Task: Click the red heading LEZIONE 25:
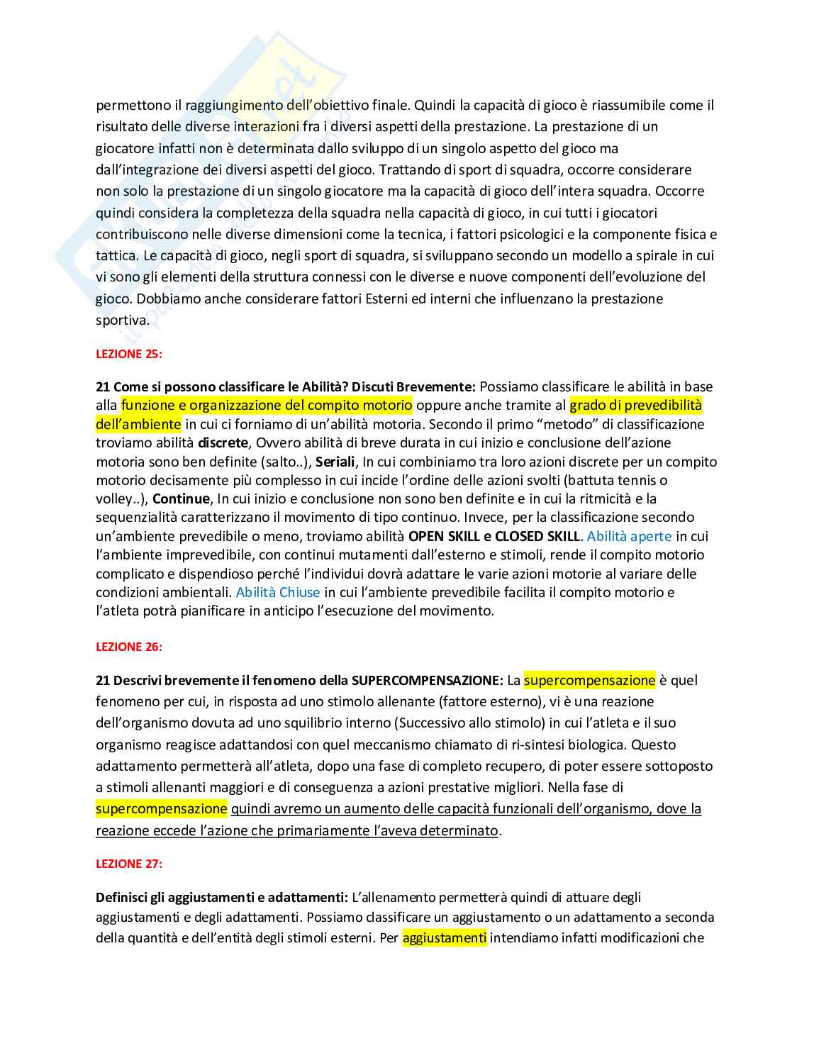click(x=129, y=353)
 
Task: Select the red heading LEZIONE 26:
click(x=129, y=647)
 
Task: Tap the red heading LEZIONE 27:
click(x=129, y=864)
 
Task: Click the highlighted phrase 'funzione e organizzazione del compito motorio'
click(x=267, y=405)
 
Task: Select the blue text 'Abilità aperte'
click(x=629, y=536)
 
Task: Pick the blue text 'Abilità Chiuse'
click(x=278, y=592)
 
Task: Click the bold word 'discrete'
click(x=223, y=442)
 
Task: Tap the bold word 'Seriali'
click(x=335, y=462)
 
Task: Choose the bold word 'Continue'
click(x=181, y=498)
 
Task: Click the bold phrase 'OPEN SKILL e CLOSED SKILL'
click(x=494, y=536)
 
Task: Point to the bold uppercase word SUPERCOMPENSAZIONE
click(x=427, y=680)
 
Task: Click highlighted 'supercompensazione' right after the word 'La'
click(x=589, y=680)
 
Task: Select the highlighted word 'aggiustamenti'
click(x=445, y=937)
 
